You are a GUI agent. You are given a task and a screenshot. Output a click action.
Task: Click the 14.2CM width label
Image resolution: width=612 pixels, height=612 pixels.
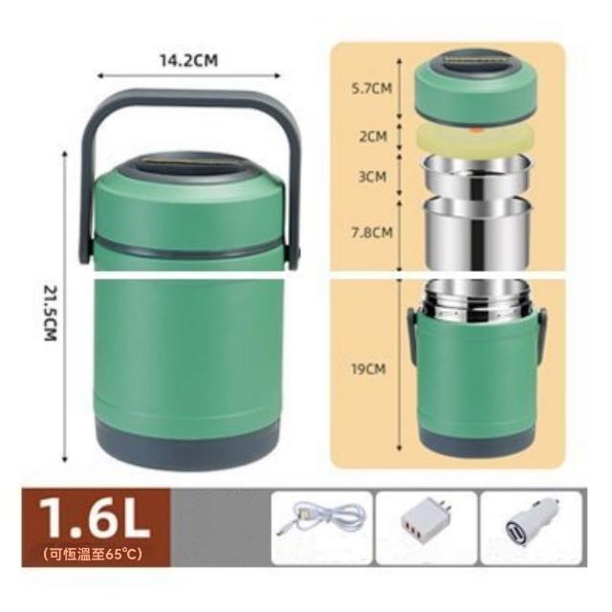click(x=189, y=60)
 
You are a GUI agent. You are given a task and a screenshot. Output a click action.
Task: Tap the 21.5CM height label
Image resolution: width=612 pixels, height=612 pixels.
click(x=51, y=314)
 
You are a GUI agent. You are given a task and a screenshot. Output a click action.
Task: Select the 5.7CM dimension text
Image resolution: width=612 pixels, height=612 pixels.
click(x=372, y=88)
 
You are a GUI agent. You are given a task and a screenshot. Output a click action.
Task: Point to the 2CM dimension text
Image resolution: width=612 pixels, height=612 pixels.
click(x=373, y=137)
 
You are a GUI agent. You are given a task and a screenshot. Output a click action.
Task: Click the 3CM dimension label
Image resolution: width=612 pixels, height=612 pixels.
click(x=372, y=176)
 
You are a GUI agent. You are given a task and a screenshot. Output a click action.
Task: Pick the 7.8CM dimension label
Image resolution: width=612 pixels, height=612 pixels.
click(x=372, y=232)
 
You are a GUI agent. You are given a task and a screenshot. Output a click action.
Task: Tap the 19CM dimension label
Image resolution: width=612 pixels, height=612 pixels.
click(x=368, y=369)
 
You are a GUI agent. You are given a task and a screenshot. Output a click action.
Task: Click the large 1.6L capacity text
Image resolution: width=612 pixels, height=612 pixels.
click(x=95, y=518)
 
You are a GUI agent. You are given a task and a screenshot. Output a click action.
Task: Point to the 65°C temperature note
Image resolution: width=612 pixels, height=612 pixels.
click(x=93, y=554)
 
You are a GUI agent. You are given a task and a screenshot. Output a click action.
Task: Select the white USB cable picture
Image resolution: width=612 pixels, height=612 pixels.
click(x=321, y=519)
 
